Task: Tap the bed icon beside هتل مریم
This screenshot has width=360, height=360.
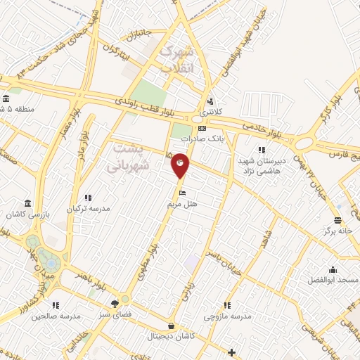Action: pos(184,193)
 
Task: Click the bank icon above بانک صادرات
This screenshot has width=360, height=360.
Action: pos(202,129)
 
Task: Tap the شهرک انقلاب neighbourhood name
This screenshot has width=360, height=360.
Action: pos(176,59)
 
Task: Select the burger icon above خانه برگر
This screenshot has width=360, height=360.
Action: pos(337,219)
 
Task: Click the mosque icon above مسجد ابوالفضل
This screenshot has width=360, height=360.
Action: pos(333,269)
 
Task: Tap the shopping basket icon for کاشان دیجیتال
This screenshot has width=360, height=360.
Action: pos(172,326)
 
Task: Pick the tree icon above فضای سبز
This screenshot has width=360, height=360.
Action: pos(114,304)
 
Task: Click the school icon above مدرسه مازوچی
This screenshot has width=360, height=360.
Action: pos(226,305)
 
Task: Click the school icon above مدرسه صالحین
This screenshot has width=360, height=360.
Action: pos(55,305)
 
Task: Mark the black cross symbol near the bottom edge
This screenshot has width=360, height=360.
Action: pos(232,351)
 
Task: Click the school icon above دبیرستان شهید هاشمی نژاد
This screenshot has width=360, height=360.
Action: pos(261,150)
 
